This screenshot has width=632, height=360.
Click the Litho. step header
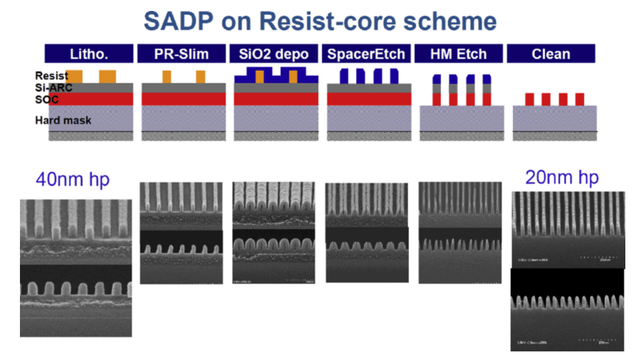pos(89,54)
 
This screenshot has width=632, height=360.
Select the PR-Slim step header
pos(182,54)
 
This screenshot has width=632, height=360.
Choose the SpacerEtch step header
pos(366,54)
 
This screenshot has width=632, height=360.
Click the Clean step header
pos(551,54)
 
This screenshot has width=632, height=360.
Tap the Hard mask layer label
pos(63,120)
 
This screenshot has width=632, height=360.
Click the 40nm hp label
pos(73,180)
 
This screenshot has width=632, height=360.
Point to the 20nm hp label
pos(562,177)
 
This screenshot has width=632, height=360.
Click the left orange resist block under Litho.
pos(74,76)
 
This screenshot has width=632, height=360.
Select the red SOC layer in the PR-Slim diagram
pos(183,98)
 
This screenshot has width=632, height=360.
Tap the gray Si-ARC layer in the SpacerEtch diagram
pos(369,88)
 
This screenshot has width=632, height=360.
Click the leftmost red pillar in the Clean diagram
pos(529,99)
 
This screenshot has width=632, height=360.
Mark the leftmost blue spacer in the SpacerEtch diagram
pos(343,76)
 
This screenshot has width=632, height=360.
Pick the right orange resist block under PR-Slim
pos(201,77)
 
